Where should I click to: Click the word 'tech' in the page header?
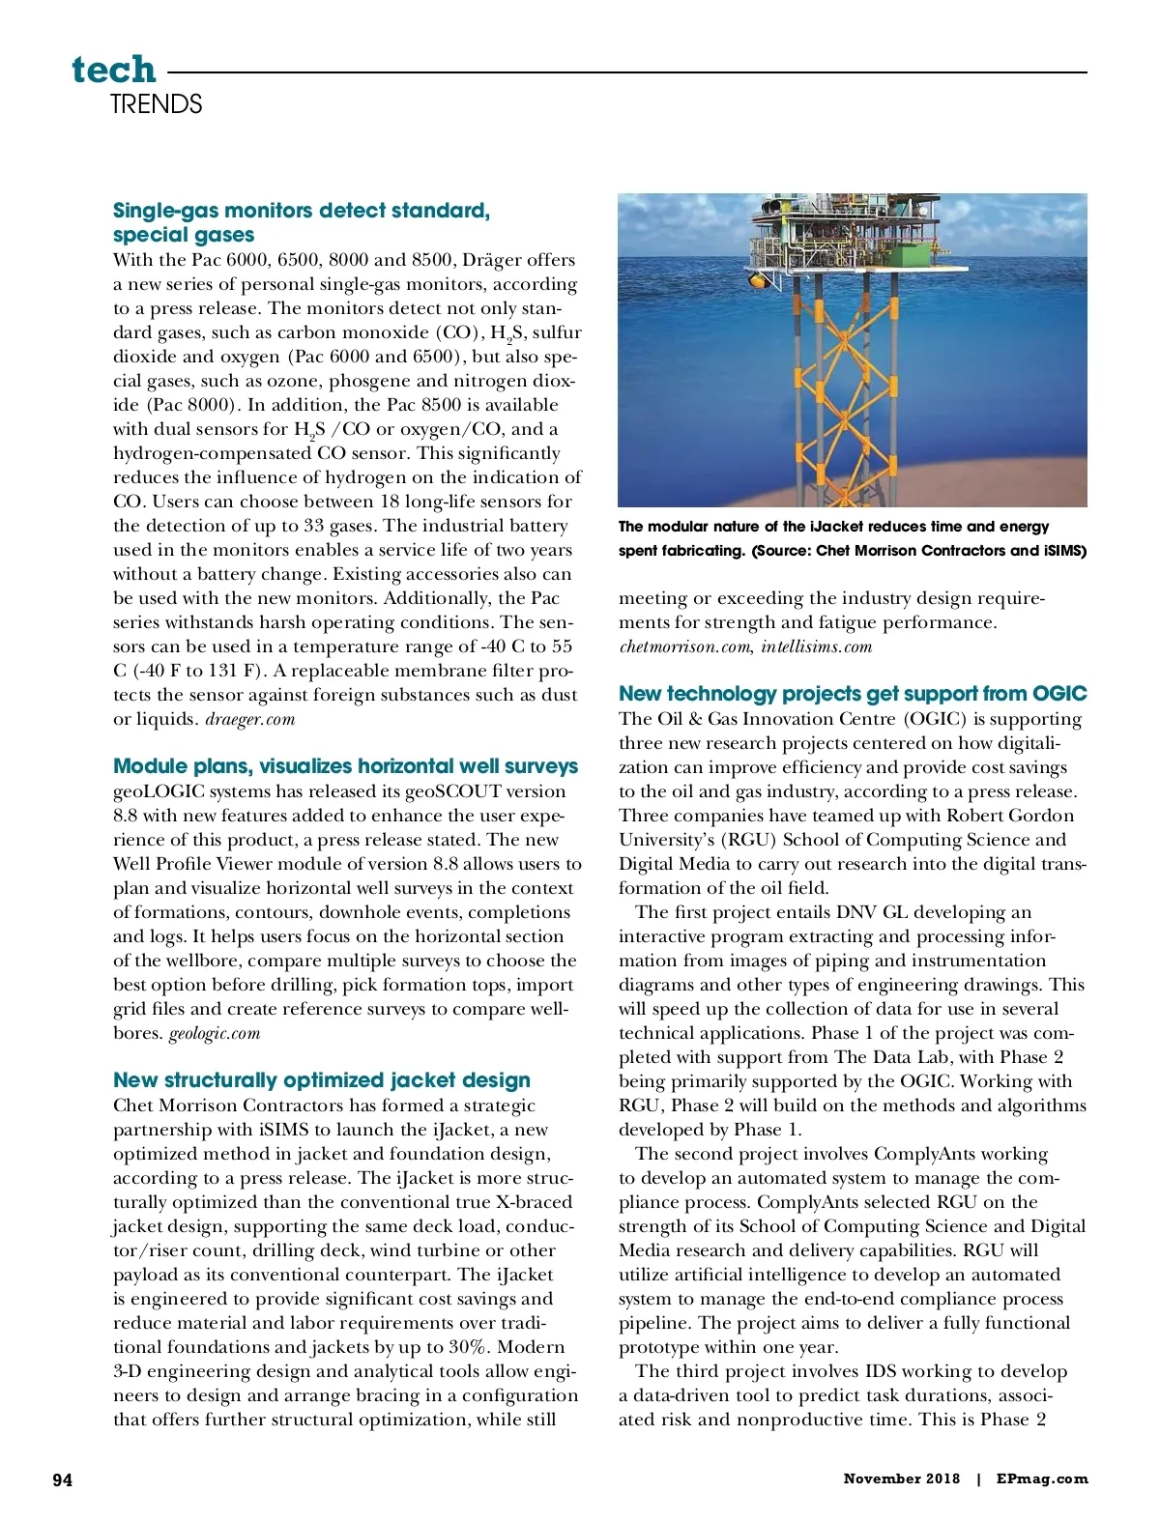pos(113,70)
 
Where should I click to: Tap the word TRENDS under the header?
pos(156,104)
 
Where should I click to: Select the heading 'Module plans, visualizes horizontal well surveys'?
pos(345,766)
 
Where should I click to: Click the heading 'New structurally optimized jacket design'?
pos(321,1080)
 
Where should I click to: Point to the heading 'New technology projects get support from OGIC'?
pos(852,694)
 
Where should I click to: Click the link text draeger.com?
pos(250,719)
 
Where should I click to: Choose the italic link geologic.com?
pos(215,1033)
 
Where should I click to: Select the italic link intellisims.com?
pos(816,646)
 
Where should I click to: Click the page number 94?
pos(63,1479)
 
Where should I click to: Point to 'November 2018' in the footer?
pos(901,1479)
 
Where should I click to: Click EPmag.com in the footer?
pos(1041,1479)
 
